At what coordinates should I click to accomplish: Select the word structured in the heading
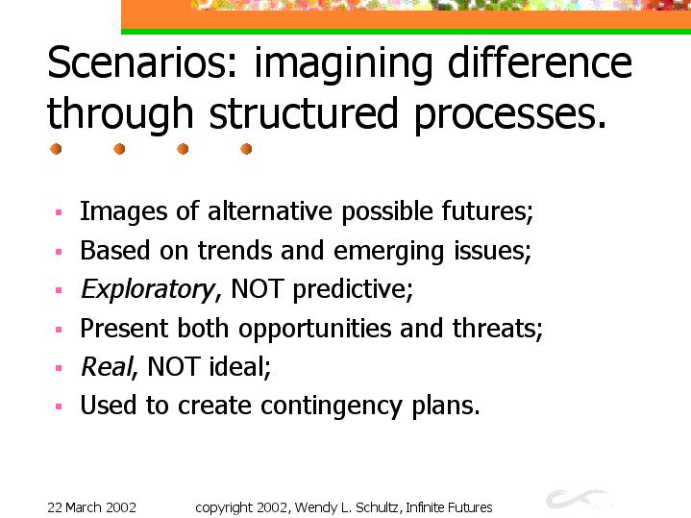tap(304, 113)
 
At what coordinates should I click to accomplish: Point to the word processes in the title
tap(510, 115)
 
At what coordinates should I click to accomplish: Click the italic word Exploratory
tap(149, 289)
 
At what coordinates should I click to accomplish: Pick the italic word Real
tap(108, 366)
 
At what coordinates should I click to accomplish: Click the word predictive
tap(353, 289)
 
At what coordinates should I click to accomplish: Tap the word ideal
tap(239, 366)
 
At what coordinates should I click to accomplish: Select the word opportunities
tap(314, 329)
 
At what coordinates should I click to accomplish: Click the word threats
tap(498, 329)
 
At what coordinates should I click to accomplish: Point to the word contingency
tap(331, 406)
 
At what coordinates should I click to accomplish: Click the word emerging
tap(388, 252)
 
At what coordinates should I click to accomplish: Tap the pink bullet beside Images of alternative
tap(59, 213)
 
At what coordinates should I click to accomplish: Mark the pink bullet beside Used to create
tap(59, 407)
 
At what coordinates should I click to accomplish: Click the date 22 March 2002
tap(91, 507)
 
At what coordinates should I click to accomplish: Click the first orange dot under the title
tap(56, 149)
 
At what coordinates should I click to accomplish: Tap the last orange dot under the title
tap(246, 149)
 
